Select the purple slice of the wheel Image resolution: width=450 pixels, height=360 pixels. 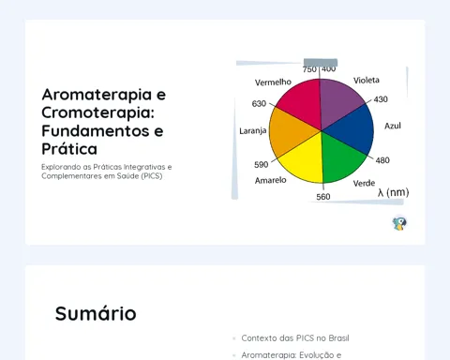(339, 100)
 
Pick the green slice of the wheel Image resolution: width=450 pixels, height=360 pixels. (342, 157)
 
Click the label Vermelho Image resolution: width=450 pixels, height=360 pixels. (273, 82)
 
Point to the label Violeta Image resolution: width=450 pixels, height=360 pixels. (367, 81)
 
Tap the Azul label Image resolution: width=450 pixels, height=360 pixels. (393, 126)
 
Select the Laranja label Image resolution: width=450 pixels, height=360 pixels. (253, 131)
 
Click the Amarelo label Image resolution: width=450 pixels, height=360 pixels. (271, 180)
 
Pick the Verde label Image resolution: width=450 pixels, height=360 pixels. (364, 183)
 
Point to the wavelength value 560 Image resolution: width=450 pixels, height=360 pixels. (323, 197)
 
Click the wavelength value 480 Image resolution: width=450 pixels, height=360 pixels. (382, 160)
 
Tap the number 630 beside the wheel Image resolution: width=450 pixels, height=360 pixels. (259, 103)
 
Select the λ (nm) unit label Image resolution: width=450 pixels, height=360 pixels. (393, 192)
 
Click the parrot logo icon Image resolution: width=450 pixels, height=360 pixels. (399, 223)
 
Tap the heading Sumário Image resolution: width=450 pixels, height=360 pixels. (96, 313)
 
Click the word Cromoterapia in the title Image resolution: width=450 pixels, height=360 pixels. (98, 112)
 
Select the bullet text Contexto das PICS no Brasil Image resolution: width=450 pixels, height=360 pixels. (295, 338)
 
